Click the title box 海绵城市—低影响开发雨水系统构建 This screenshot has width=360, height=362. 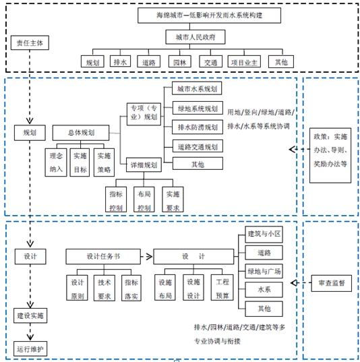(209, 16)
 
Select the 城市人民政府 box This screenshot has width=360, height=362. (196, 37)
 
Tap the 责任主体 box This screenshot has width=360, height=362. (30, 42)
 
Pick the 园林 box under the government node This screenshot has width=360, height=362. (179, 61)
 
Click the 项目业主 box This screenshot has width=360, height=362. (244, 61)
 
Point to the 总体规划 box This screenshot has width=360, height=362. (81, 133)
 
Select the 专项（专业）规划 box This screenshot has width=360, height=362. (144, 115)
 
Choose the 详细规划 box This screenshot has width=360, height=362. (144, 165)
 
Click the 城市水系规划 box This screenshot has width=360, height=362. (197, 88)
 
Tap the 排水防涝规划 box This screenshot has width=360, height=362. (198, 127)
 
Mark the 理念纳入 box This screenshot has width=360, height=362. (56, 162)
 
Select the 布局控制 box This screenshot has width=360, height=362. (144, 200)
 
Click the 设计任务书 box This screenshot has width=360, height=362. (103, 256)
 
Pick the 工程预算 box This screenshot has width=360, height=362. (222, 288)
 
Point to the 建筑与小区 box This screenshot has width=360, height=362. (264, 235)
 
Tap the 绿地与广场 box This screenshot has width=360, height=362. (264, 271)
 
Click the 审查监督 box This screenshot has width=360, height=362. (332, 283)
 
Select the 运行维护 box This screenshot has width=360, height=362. (30, 349)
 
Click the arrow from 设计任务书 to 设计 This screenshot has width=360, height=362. (146, 256)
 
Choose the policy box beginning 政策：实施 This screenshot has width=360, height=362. (330, 155)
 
